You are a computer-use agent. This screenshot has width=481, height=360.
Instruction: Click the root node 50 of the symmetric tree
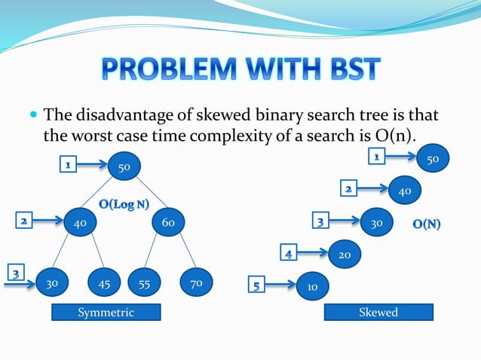123,166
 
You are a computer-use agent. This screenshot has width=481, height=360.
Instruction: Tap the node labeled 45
104,284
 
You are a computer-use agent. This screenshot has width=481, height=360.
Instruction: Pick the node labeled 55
145,284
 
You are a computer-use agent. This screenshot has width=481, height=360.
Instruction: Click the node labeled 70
195,284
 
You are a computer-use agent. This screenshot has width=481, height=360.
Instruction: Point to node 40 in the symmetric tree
80,223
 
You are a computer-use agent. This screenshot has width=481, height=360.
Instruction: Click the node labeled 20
345,255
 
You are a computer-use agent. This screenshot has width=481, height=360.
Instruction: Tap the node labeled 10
311,286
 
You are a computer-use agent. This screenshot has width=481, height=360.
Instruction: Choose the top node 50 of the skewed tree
433,160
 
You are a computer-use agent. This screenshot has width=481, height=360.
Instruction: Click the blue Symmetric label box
106,312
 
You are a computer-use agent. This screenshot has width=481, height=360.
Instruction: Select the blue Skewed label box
378,312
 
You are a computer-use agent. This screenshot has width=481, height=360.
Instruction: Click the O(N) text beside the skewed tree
427,224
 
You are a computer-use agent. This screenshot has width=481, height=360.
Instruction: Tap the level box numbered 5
257,285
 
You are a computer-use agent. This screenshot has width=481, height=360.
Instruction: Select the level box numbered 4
289,253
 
